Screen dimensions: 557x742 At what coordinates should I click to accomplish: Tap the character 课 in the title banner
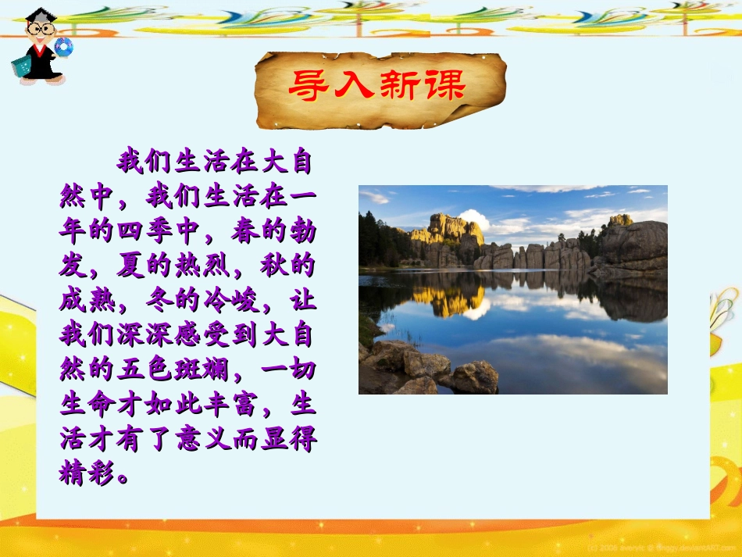[x=444, y=85]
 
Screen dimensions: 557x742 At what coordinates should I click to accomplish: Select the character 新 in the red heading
[x=399, y=85]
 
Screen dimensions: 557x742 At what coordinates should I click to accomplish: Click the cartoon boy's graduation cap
[x=37, y=16]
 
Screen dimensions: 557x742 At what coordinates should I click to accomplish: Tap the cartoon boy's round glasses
[x=41, y=30]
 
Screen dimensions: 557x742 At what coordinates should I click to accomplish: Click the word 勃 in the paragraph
[x=302, y=232]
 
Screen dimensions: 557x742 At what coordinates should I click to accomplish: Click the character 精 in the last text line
[x=73, y=473]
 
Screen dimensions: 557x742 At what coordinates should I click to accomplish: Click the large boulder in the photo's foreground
[x=474, y=377]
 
